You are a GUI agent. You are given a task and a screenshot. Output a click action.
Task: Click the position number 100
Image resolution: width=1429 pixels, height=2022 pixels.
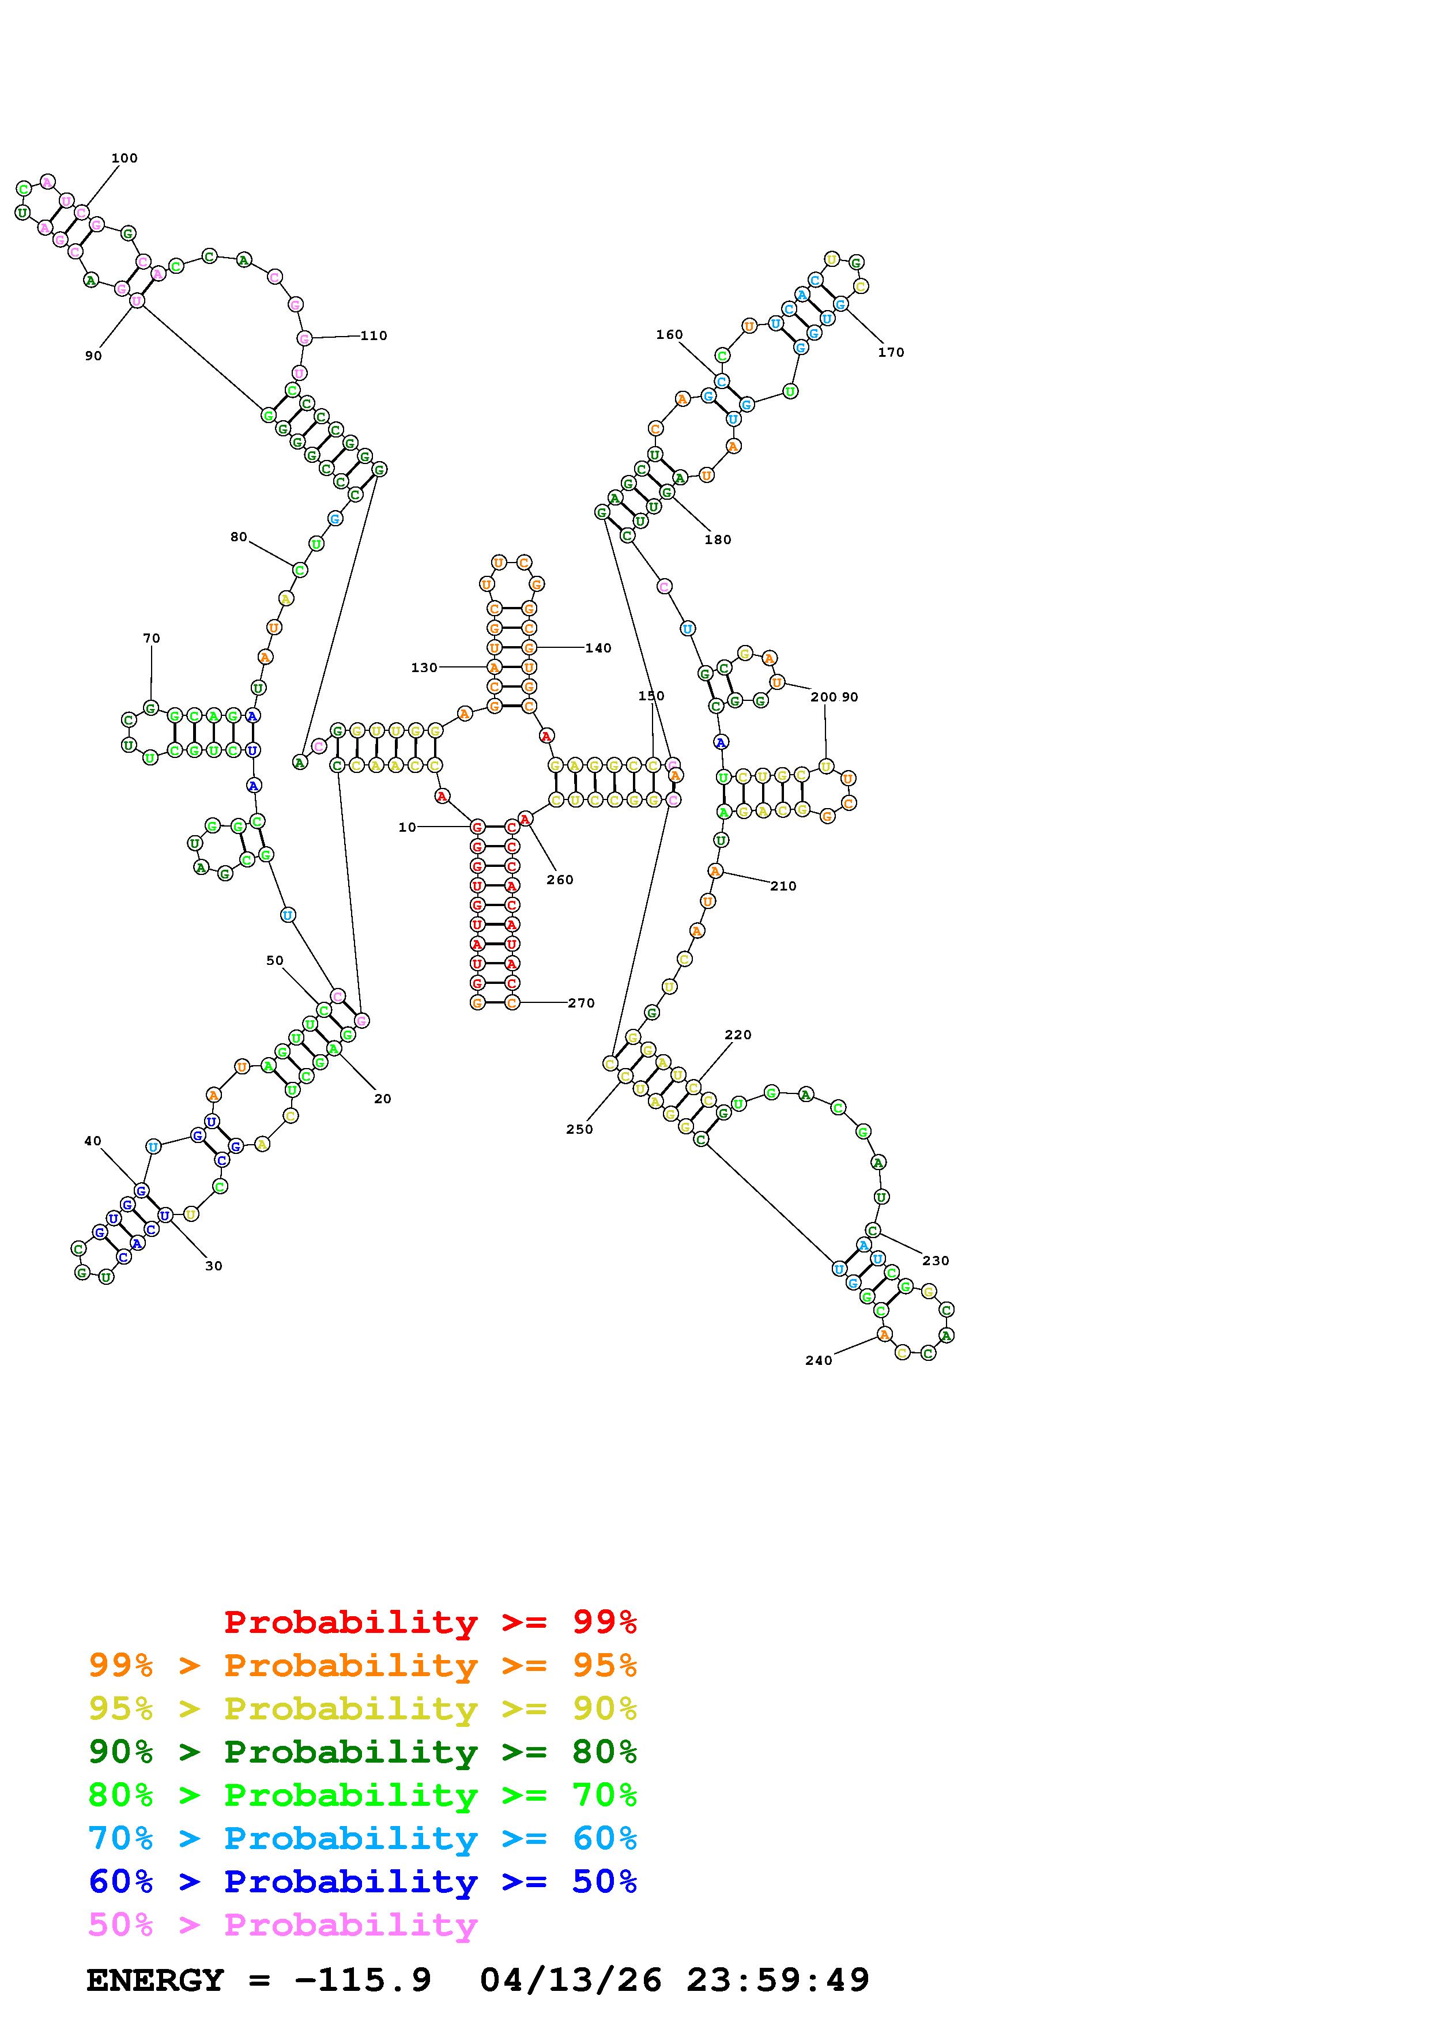coord(124,159)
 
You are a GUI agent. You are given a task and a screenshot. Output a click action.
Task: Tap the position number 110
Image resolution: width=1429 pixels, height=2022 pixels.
coord(374,335)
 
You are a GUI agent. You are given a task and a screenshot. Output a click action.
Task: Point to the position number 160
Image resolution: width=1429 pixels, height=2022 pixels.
coord(669,335)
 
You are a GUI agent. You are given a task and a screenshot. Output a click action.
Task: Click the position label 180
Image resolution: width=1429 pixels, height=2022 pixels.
coord(718,540)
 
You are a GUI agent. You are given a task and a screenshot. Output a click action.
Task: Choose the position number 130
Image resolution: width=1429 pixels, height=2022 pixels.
coord(424,667)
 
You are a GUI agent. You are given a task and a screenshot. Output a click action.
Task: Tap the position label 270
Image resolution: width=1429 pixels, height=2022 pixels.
coord(581,1003)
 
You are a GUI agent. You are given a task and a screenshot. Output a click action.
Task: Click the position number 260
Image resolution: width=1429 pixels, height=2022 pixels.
coord(560,880)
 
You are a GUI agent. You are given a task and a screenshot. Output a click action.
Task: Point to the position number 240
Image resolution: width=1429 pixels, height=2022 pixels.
coord(818,1361)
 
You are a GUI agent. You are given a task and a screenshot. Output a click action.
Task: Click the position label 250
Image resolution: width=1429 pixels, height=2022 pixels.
coord(579,1130)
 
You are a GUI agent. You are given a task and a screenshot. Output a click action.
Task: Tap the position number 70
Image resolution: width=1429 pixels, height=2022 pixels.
coord(152,639)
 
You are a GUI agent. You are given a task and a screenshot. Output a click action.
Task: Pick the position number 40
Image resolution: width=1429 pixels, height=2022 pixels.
coord(92,1141)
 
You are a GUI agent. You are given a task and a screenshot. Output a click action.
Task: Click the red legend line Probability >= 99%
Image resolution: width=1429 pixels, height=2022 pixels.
coord(431,1622)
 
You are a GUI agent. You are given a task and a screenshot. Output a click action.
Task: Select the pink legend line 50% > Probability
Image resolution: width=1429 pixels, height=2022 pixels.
coord(282,1925)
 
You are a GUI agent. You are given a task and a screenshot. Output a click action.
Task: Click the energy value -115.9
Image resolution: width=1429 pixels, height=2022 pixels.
coord(363,1980)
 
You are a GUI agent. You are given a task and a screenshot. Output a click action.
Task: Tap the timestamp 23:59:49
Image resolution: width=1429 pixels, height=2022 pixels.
coord(778,1980)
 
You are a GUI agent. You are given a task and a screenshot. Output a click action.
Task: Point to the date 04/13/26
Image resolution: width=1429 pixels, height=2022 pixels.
coord(571,1980)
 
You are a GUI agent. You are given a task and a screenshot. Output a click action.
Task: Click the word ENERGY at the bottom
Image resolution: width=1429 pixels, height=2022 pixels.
coord(155,1980)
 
